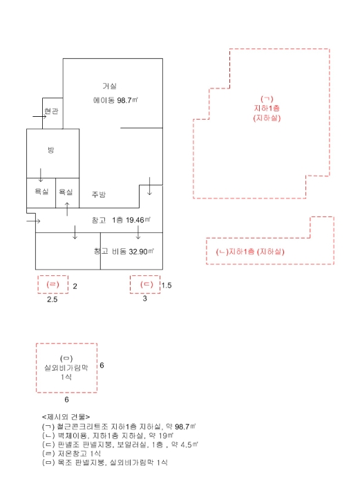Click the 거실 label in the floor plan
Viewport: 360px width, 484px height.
[x=109, y=86]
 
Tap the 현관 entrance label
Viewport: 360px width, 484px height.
[x=51, y=111]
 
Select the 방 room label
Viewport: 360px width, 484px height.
[x=50, y=150]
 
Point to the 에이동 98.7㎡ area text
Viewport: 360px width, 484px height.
[x=116, y=100]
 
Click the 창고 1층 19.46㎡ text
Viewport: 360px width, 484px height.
[x=121, y=220]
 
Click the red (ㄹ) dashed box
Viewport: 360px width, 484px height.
[x=53, y=284]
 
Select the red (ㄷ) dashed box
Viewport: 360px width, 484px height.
[x=145, y=284]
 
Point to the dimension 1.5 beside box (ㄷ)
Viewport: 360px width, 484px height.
[x=167, y=285]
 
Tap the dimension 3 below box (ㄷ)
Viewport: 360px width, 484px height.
[x=145, y=299]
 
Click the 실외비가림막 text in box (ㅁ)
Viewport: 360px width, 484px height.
[x=66, y=367]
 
